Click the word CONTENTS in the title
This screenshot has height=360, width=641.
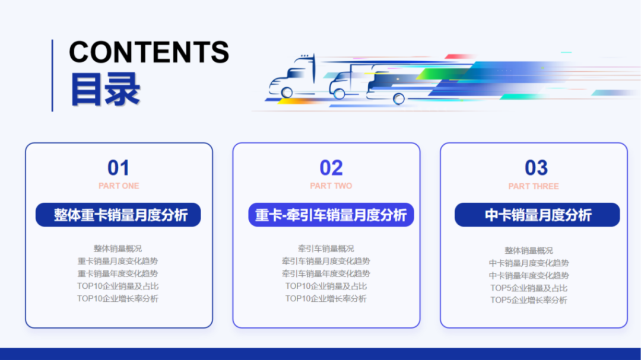click(x=149, y=52)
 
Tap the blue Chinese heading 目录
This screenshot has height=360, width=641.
click(x=105, y=90)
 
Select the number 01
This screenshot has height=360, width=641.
click(x=118, y=168)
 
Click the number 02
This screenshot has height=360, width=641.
click(x=331, y=168)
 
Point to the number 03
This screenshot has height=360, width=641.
click(x=536, y=168)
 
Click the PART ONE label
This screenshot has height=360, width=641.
click(x=119, y=186)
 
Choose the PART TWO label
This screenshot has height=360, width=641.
click(x=331, y=186)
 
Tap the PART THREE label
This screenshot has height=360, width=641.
click(x=534, y=186)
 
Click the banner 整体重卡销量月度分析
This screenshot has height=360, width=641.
click(x=119, y=215)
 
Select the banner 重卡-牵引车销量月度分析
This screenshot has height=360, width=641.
click(x=331, y=215)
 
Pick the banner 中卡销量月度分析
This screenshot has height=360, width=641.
click(x=537, y=215)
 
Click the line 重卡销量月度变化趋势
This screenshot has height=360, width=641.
click(x=118, y=261)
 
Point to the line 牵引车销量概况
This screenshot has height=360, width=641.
click(x=326, y=249)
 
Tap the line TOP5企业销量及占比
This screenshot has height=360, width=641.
click(x=528, y=288)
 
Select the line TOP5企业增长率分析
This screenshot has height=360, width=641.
click(x=528, y=300)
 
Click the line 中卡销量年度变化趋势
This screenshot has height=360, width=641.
click(x=528, y=275)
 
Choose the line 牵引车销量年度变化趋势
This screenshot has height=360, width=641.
click(x=326, y=273)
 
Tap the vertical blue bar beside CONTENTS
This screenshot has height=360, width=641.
click(x=52, y=75)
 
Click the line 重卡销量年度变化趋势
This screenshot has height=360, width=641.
click(x=118, y=273)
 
